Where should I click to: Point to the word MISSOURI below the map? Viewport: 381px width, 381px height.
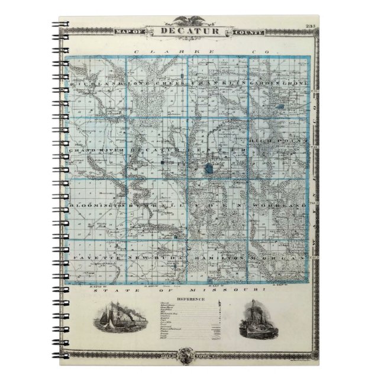[x=237, y=292]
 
